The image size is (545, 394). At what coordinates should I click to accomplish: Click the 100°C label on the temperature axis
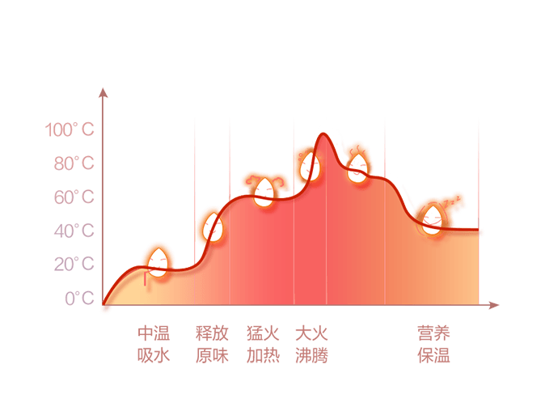pos(70,129)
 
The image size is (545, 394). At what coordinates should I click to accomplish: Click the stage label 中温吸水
pos(154,344)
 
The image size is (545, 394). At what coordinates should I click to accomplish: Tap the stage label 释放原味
pos(212,344)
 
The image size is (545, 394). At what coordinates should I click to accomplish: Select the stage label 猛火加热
pos(263,344)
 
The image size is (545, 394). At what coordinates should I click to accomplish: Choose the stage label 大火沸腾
pos(312,344)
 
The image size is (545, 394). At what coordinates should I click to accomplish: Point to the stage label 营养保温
pos(433,344)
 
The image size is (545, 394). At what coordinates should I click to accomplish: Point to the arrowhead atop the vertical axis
pos(103,91)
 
